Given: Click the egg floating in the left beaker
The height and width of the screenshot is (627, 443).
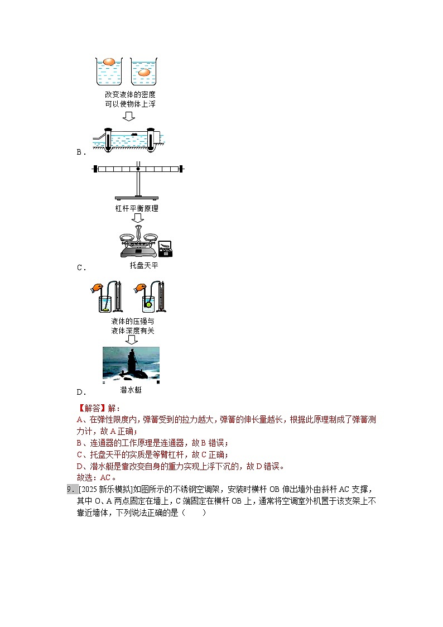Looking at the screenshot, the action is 109,61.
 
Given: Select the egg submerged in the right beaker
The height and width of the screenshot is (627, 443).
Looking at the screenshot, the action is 144,72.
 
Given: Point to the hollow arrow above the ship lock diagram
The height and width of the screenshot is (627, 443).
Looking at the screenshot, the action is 129,116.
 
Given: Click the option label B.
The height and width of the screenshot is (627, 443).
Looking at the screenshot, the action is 80,152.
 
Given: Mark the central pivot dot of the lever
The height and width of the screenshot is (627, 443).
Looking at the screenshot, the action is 138,168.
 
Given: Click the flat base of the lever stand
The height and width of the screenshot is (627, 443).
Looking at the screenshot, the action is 137,198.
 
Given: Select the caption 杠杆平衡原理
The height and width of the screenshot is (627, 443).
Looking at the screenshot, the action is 137,208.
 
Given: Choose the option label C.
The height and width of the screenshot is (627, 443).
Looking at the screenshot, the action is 80,267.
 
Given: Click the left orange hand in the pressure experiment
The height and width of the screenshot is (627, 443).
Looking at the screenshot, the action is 97,289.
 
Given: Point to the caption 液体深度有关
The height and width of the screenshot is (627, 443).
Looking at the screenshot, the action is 132,331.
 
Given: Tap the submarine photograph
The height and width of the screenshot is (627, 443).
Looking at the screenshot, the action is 131,363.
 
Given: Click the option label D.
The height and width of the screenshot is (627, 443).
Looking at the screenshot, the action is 80,392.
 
